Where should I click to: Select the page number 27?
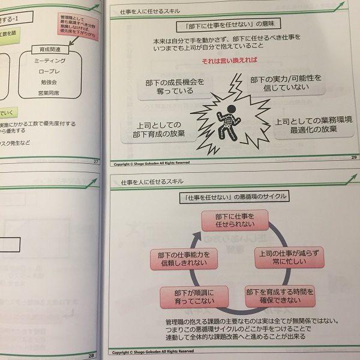tap(95, 161)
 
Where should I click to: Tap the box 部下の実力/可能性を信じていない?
tap(286, 84)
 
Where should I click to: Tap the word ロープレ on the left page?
tap(50, 71)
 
